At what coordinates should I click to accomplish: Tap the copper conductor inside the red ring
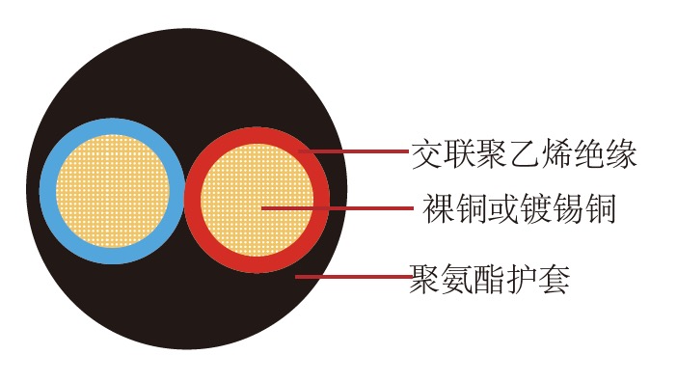click(x=258, y=205)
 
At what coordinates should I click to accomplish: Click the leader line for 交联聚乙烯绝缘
click(x=357, y=151)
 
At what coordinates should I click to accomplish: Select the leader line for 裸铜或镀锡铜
click(x=338, y=207)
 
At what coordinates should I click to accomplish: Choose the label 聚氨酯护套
click(x=491, y=279)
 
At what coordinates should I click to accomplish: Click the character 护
click(x=524, y=279)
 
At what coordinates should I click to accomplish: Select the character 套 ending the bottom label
click(x=556, y=279)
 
